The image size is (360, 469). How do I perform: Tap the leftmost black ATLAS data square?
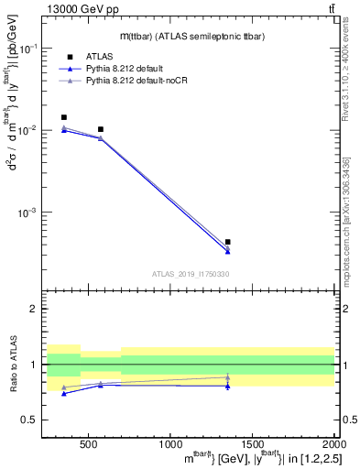click(63, 117)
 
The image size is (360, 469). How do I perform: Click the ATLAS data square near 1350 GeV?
click(227, 242)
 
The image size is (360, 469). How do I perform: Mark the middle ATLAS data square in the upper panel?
click(100, 129)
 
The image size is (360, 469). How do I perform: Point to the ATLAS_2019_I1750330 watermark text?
click(191, 274)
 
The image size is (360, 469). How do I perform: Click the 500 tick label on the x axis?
click(88, 444)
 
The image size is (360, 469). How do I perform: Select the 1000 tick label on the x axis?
click(169, 444)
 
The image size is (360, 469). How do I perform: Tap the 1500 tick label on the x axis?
click(252, 444)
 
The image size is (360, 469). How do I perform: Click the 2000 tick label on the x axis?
click(332, 444)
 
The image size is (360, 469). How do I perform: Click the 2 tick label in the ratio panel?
click(37, 309)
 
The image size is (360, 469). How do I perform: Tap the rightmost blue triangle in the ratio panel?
click(227, 386)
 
